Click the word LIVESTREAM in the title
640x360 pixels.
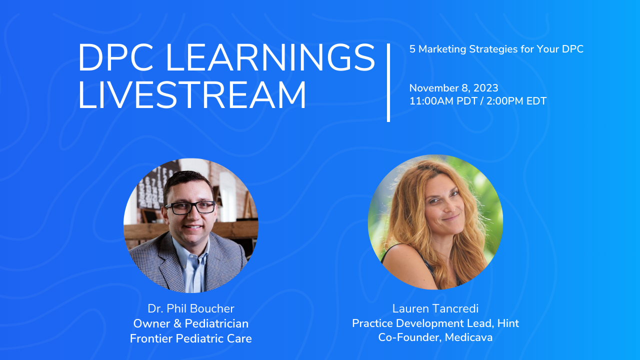(192, 95)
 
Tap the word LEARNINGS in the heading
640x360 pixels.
(270, 57)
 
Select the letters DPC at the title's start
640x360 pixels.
(116, 57)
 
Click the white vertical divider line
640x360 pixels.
(388, 83)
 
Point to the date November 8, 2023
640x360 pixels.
(453, 88)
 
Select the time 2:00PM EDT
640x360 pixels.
(516, 101)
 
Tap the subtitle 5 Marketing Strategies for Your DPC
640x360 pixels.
(496, 49)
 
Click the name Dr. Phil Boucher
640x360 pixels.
(191, 308)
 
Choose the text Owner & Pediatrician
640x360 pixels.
(191, 323)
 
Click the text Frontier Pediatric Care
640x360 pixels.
(191, 338)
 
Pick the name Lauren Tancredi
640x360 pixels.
(435, 308)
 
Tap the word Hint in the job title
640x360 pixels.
(508, 323)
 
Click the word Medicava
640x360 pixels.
(468, 337)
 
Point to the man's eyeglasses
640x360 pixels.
(191, 207)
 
